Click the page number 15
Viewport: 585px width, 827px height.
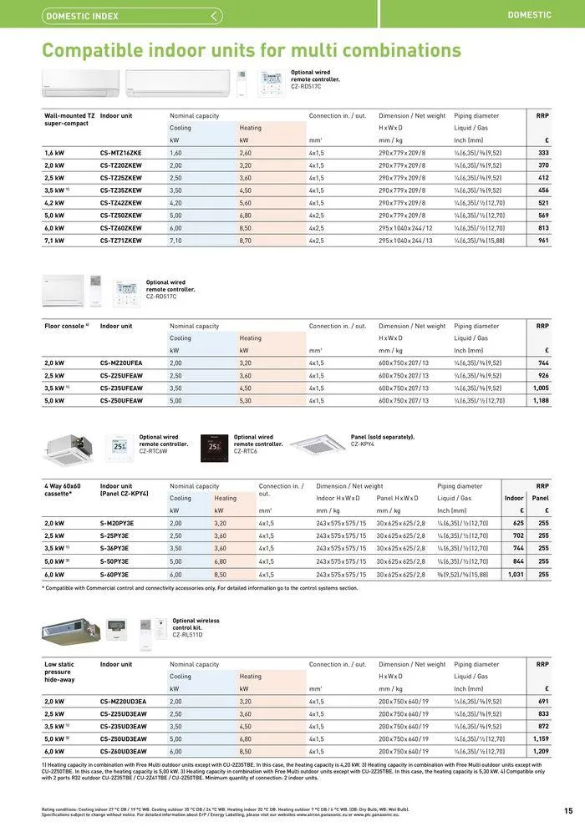(x=568, y=809)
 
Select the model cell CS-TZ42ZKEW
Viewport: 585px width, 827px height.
(x=121, y=202)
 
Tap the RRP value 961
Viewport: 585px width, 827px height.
(x=543, y=240)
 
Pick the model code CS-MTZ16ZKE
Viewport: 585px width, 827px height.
(x=121, y=153)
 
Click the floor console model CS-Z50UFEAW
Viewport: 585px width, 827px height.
(x=121, y=400)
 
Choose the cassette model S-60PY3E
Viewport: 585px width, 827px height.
(x=114, y=574)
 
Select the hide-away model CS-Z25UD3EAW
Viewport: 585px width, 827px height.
(x=123, y=713)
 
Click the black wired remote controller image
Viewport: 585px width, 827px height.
(x=215, y=448)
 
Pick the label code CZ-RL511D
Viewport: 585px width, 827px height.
(x=189, y=635)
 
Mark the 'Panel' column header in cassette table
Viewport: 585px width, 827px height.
(x=541, y=498)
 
